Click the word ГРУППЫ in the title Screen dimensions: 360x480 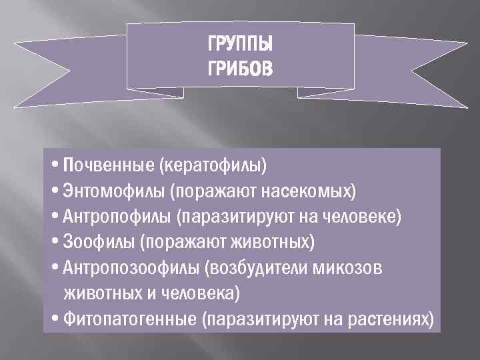[240, 46]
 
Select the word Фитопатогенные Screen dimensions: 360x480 [130, 319]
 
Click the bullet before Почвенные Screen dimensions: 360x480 [55, 165]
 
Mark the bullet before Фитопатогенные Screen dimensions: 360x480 [55, 319]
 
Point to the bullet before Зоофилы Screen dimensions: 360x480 [55, 241]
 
